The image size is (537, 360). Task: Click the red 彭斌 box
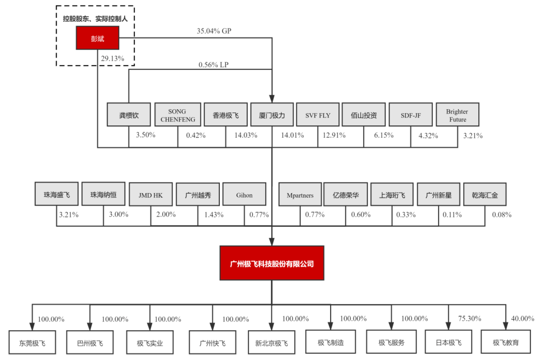(x=97, y=39)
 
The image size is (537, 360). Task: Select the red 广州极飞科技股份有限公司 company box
(x=272, y=263)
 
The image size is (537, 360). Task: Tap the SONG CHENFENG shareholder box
(x=177, y=115)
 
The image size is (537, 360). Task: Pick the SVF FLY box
(x=318, y=115)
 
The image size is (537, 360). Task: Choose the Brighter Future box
(x=457, y=115)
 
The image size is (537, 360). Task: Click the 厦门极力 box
(x=272, y=115)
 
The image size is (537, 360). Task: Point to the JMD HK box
(x=150, y=195)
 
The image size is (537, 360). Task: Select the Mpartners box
(x=300, y=195)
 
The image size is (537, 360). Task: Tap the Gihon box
(x=244, y=195)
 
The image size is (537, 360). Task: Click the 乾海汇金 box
(x=485, y=195)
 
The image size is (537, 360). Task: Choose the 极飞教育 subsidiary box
(x=506, y=342)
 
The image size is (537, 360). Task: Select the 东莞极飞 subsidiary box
(x=32, y=342)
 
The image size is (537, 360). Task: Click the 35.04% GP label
(x=214, y=31)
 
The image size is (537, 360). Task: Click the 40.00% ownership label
(x=522, y=318)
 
